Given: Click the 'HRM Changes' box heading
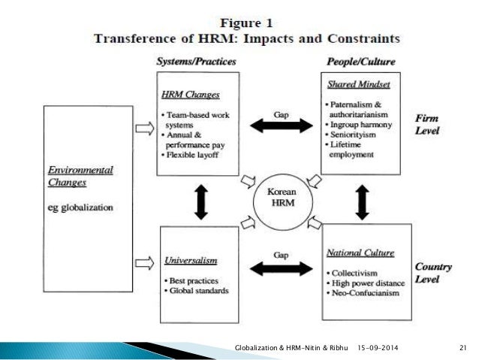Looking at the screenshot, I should pos(190,95).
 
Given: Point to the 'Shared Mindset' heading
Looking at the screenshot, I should pos(351,86).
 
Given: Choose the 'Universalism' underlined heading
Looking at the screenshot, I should pos(191,261).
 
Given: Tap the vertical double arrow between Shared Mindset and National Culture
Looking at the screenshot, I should pos(362,200).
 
